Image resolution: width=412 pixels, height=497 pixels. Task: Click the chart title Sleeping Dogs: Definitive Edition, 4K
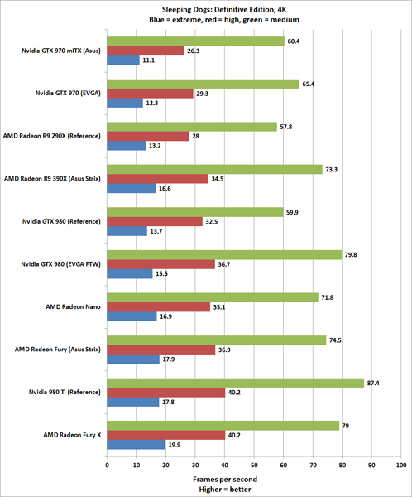207,7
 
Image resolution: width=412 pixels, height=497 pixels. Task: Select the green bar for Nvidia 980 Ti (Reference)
236,383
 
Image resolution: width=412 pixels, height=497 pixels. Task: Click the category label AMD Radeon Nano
75,306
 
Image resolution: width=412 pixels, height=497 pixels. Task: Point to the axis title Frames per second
225,480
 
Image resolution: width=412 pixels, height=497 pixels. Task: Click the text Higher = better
225,490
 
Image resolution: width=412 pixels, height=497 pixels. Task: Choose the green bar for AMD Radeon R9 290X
192,127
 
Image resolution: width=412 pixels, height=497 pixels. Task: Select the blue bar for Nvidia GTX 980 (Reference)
127,232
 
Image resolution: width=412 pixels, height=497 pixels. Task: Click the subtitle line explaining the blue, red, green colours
207,19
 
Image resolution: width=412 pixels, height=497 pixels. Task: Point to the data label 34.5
220,179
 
